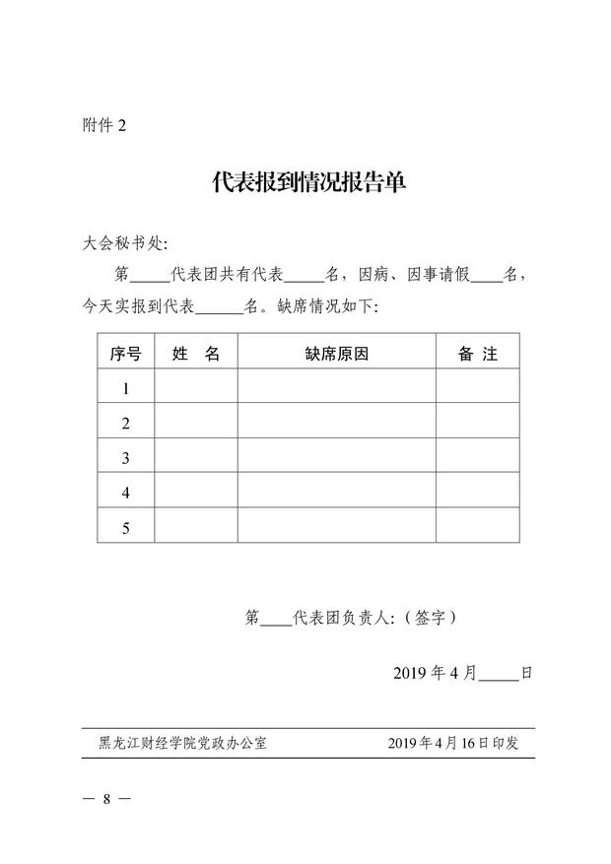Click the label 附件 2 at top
pyautogui.click(x=104, y=126)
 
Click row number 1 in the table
pyautogui.click(x=126, y=389)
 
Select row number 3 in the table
pyautogui.click(x=126, y=458)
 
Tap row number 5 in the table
pyautogui.click(x=126, y=528)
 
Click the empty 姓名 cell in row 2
pyautogui.click(x=196, y=424)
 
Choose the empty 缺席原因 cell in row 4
pyautogui.click(x=336, y=493)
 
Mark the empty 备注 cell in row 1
pyautogui.click(x=477, y=389)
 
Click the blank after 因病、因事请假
pyautogui.click(x=486, y=274)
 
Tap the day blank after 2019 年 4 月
pyautogui.click(x=499, y=674)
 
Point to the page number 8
pyautogui.click(x=105, y=798)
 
